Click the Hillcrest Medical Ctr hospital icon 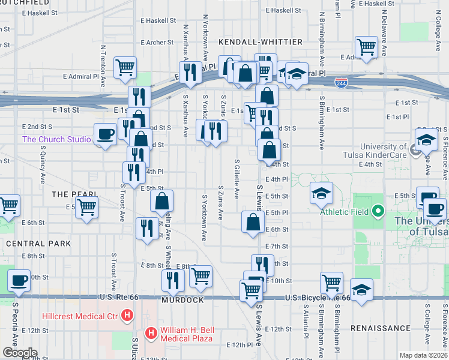pyautogui.click(x=127, y=314)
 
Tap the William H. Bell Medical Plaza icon pyautogui.click(x=152, y=332)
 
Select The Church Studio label pyautogui.click(x=56, y=140)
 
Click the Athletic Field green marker pyautogui.click(x=378, y=211)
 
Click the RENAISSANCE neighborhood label pyautogui.click(x=380, y=329)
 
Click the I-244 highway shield pyautogui.click(x=341, y=82)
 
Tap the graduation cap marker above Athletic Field pyautogui.click(x=321, y=193)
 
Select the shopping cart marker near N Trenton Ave pyautogui.click(x=125, y=67)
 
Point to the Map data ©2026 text pyautogui.click(x=423, y=355)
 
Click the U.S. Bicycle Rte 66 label pyautogui.click(x=318, y=298)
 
